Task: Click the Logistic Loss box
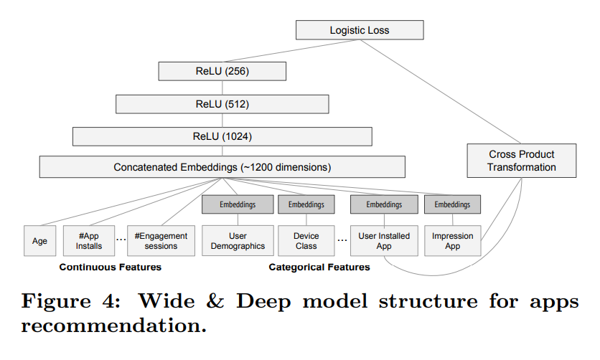pyautogui.click(x=359, y=30)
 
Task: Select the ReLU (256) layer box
pyautogui.click(x=222, y=72)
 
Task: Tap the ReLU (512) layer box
pyautogui.click(x=222, y=104)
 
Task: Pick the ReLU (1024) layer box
pyautogui.click(x=222, y=136)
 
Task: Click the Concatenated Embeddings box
pyautogui.click(x=222, y=167)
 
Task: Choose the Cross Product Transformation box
pyautogui.click(x=522, y=161)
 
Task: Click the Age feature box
pyautogui.click(x=39, y=241)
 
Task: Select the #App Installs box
pyautogui.click(x=89, y=241)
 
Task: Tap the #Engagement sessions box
pyautogui.click(x=161, y=241)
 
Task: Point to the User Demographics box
pyautogui.click(x=238, y=241)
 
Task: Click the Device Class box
pyautogui.click(x=306, y=241)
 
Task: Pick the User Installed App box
pyautogui.click(x=384, y=241)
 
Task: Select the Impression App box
pyautogui.click(x=452, y=241)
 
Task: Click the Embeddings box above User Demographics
pyautogui.click(x=238, y=204)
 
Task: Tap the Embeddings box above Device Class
pyautogui.click(x=306, y=204)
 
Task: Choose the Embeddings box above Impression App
pyautogui.click(x=452, y=204)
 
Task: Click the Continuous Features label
pyautogui.click(x=110, y=267)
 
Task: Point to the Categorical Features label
pyautogui.click(x=319, y=267)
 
